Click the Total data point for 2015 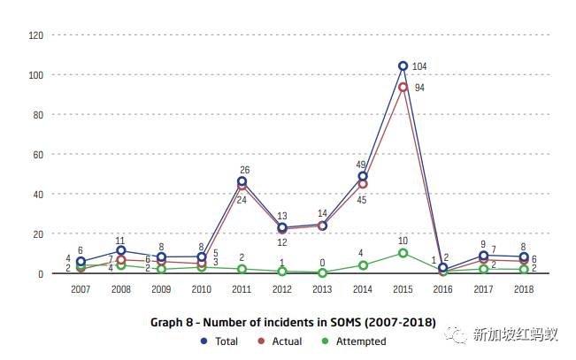(403, 65)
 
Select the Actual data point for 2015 (403, 87)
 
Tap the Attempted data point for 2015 (403, 253)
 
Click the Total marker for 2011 (242, 181)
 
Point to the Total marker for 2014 (363, 176)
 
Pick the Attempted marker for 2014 (363, 265)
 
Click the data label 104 (419, 66)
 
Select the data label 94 (420, 88)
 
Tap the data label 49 (361, 165)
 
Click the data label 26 (243, 170)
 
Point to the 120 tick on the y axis (36, 35)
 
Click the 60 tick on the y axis (38, 154)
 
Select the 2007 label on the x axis (81, 288)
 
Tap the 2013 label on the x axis (322, 288)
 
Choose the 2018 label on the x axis (523, 288)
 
